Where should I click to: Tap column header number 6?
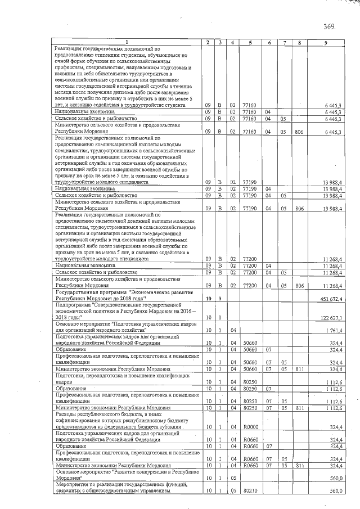[x=269, y=43]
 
